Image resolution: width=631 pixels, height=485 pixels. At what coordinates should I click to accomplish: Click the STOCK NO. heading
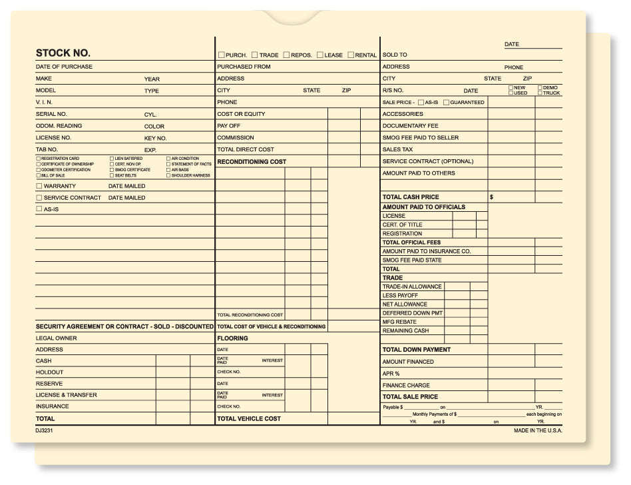63,53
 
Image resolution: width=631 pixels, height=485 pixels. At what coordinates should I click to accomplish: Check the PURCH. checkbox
222,55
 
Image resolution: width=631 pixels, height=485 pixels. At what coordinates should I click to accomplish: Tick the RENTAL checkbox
351,55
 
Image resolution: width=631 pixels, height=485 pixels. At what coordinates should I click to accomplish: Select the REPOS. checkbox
286,55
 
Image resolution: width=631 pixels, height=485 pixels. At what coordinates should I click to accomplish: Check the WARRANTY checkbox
39,187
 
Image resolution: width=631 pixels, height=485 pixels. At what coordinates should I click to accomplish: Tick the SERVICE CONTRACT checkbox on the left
39,198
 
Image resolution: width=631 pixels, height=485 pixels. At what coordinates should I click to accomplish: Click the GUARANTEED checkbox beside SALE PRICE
446,103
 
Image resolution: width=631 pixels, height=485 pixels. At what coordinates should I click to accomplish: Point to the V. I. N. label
44,103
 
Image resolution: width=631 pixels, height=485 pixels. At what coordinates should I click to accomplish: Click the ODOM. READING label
59,126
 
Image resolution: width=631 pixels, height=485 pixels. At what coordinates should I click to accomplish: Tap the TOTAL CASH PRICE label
411,197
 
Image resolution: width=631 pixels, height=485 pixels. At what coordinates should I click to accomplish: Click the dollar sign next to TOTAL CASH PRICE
492,197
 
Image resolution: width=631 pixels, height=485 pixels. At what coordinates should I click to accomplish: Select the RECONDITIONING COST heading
252,162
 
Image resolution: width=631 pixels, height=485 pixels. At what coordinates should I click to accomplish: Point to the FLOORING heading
232,338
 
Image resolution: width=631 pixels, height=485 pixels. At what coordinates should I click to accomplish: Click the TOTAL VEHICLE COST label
249,419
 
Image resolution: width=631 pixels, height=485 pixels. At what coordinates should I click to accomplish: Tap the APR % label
391,374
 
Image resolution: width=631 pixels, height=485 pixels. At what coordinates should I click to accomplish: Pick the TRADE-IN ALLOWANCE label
412,287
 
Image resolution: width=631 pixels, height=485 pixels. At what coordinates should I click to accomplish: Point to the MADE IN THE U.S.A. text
538,431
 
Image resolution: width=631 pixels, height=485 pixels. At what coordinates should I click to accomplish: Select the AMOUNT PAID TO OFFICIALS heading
424,207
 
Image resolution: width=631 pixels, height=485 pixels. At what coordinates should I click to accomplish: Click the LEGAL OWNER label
56,338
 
